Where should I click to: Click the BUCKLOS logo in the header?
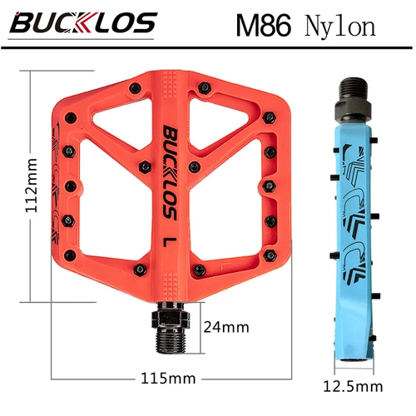coord(83,22)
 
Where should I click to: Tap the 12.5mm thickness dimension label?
coord(354,386)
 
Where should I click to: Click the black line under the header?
coord(208,48)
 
